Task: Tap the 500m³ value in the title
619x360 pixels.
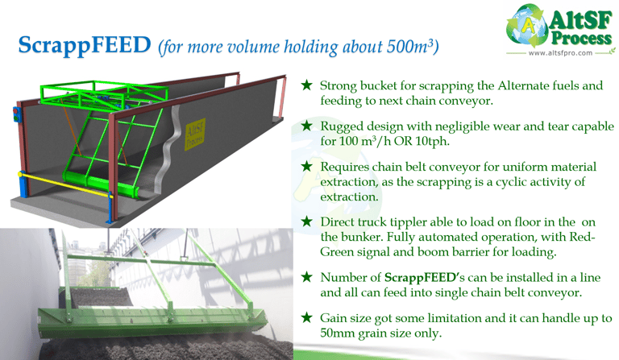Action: (x=414, y=48)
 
